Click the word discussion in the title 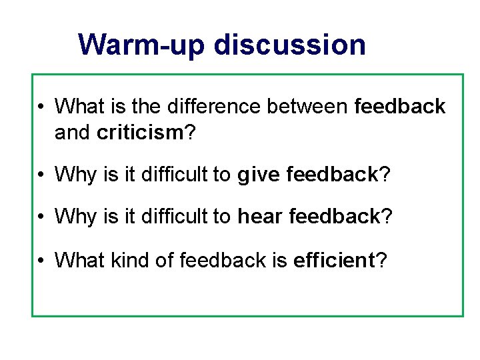(290, 45)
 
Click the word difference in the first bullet (203, 106)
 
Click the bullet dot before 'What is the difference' (41, 107)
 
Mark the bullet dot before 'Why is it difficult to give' (41, 175)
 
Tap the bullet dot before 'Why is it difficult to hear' (41, 217)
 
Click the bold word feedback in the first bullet (400, 106)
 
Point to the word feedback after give (332, 175)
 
